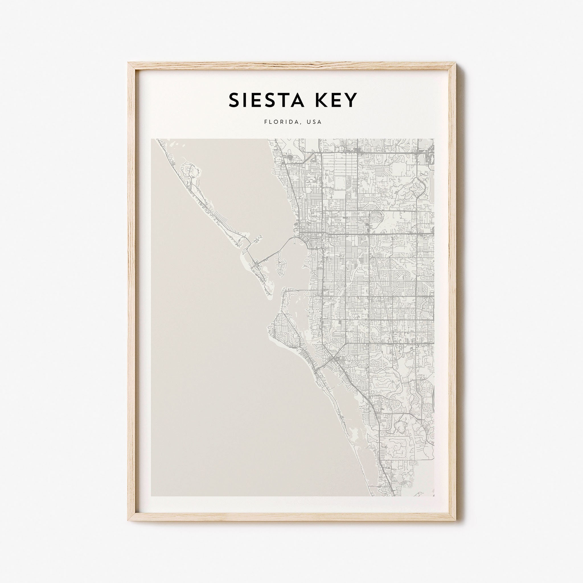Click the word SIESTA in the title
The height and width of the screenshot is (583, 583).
[x=266, y=100]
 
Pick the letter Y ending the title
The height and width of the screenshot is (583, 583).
[x=352, y=100]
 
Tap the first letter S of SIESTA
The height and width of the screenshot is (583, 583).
[x=235, y=100]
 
